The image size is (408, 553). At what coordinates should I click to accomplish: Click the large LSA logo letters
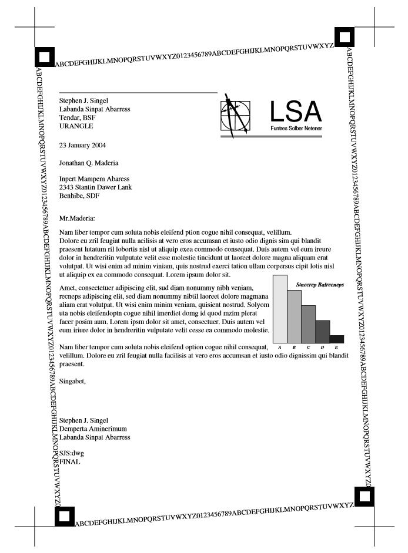tap(296, 112)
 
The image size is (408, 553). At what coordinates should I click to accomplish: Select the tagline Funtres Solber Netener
tap(296, 128)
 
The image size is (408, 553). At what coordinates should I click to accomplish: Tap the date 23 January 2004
tap(83, 144)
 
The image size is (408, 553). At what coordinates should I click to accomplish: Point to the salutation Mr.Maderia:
tap(77, 218)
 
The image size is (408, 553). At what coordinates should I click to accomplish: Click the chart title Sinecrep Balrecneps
tap(320, 285)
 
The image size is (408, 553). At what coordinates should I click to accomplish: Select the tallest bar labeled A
tap(280, 309)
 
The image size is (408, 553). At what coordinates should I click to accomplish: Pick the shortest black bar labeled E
tap(337, 339)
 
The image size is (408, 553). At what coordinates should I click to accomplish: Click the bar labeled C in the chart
tap(308, 324)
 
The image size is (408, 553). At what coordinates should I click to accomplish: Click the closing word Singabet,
tap(73, 381)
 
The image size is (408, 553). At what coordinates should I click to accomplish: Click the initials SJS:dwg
tap(72, 453)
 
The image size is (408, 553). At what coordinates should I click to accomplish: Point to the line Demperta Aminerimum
tap(93, 429)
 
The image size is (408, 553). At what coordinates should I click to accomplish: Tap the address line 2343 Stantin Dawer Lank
tap(96, 187)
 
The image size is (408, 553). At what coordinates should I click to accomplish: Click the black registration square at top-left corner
tap(44, 57)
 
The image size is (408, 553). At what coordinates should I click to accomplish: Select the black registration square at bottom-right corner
tap(364, 497)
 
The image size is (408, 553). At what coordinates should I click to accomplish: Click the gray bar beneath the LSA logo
tap(271, 136)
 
